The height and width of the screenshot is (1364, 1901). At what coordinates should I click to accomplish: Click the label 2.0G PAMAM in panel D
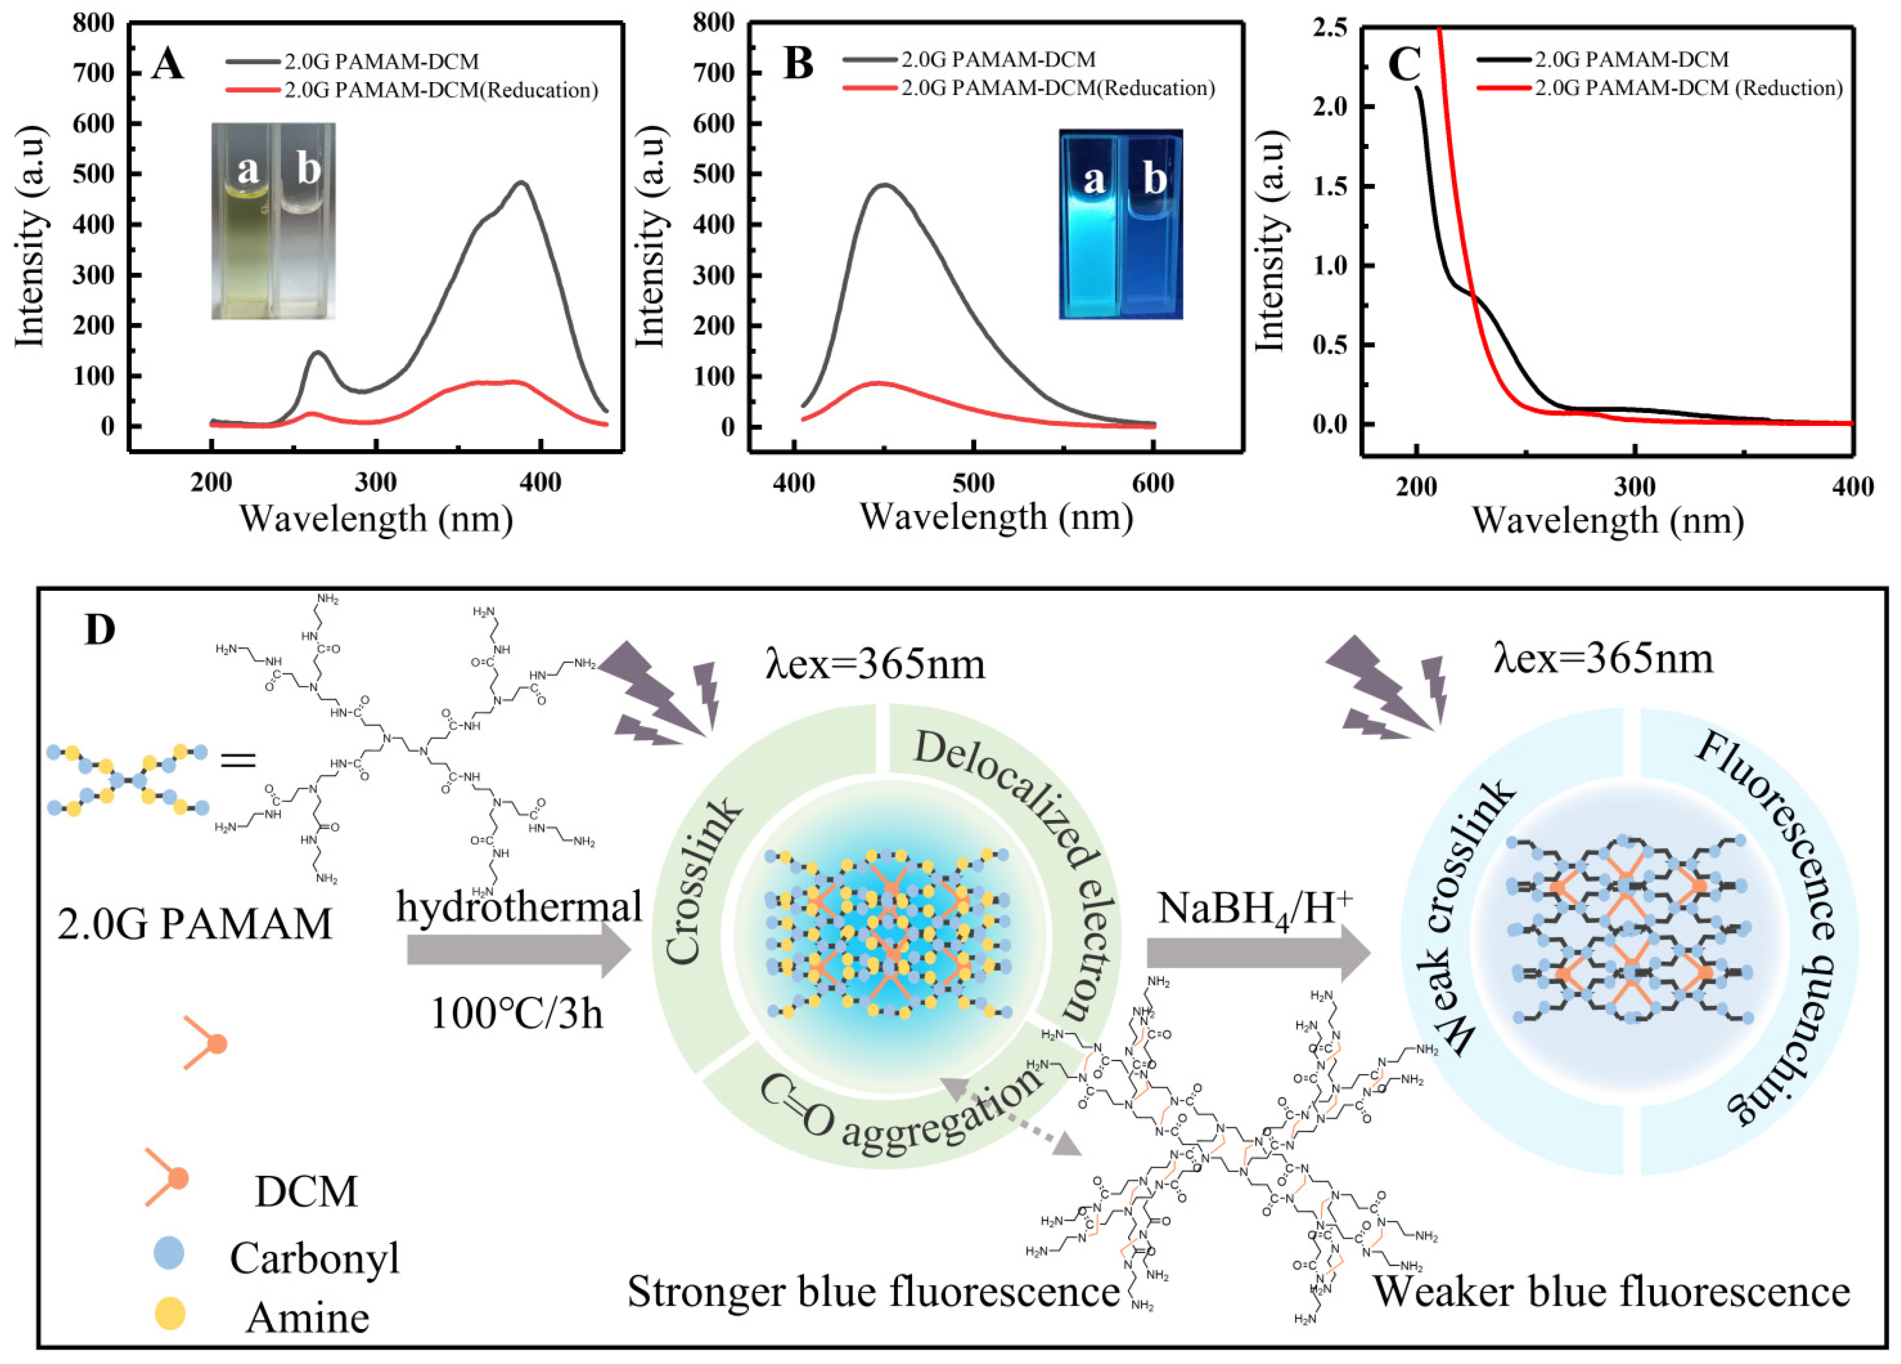194,924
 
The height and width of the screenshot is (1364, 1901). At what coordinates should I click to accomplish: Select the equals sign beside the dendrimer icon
237,761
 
